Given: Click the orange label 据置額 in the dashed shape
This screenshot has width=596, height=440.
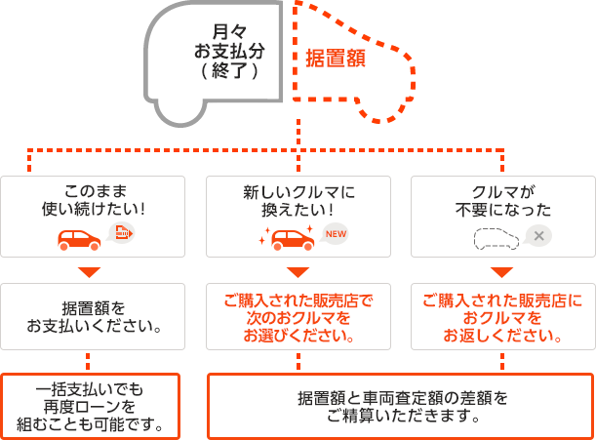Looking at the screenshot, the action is point(336,59).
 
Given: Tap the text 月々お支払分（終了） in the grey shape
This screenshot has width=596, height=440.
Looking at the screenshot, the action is point(229,51).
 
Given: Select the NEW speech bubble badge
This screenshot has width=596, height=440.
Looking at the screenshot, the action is point(335,233).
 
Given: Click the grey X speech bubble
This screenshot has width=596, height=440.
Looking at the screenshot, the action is point(537,236).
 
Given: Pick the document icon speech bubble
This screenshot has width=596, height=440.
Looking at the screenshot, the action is point(121,232).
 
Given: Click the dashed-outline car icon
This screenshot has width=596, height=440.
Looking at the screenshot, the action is point(497,239).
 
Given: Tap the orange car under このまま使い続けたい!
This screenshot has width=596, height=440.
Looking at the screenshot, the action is point(79,240).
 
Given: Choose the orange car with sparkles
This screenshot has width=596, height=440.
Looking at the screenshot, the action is point(288,238).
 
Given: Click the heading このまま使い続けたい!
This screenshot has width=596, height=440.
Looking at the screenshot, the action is point(94,200).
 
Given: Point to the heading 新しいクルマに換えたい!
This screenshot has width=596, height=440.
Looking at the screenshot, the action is point(298,201).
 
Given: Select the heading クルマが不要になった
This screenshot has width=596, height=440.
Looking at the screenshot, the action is point(503,201).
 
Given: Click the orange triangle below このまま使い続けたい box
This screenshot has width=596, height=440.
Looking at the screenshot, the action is point(90,272).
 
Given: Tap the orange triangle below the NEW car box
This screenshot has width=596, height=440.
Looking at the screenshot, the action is point(298,272).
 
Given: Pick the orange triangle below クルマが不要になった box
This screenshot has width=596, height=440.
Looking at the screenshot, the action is point(501,272).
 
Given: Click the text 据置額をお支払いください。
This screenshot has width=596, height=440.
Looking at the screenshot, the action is point(94,317).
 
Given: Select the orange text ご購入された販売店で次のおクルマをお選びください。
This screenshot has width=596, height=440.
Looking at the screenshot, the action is point(298,318).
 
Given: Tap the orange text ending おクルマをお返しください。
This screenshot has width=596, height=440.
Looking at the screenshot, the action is point(502,318).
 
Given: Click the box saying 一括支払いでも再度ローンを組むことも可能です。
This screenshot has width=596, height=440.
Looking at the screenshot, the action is point(90,407).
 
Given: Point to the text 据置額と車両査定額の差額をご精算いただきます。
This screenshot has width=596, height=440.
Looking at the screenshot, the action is point(403,407).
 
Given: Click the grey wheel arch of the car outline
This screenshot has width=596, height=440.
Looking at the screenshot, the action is point(180,124).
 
